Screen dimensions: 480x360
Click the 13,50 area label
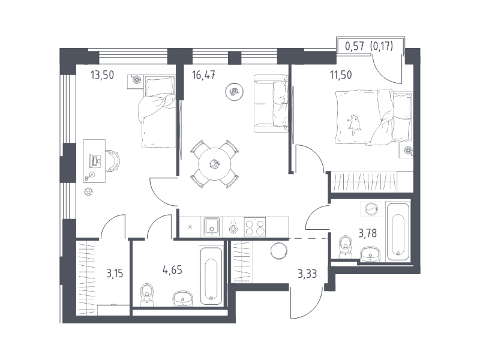102,75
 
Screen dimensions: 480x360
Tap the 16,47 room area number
203,75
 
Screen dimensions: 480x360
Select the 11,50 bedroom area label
341,75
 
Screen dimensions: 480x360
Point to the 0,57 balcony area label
355,46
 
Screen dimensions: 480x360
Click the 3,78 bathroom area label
368,233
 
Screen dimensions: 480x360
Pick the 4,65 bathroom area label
172,271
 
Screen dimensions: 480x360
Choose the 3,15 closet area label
115,273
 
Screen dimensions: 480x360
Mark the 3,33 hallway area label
307,274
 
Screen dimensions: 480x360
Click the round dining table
215,164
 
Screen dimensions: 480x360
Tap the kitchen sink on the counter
212,226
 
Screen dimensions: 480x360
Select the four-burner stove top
255,227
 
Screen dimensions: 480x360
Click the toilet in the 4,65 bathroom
147,295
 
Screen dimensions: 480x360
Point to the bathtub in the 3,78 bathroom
398,232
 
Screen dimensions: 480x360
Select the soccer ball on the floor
89,191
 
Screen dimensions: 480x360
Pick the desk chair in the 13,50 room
113,160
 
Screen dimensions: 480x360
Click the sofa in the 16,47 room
271,103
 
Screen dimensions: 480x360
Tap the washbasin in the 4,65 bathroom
183,299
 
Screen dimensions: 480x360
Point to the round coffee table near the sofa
235,91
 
